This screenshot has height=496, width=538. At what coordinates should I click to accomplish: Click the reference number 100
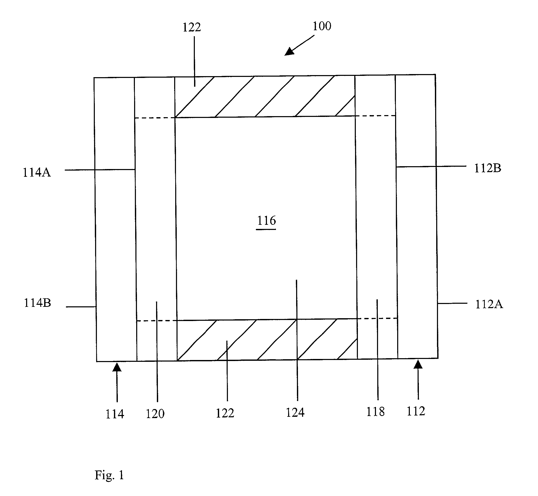click(x=322, y=26)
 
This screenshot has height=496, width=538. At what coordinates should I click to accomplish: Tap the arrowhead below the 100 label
click(x=289, y=51)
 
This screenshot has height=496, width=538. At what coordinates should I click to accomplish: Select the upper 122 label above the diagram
click(x=191, y=27)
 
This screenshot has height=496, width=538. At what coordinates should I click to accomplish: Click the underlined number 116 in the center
click(x=266, y=221)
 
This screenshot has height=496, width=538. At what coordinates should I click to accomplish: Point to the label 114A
click(x=36, y=172)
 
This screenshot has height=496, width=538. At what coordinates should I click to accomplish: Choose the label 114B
click(x=37, y=303)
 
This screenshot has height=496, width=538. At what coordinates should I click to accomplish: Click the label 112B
click(x=487, y=168)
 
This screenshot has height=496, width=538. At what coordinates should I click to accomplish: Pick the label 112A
click(x=489, y=304)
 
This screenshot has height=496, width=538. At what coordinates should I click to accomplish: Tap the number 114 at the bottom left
click(x=114, y=414)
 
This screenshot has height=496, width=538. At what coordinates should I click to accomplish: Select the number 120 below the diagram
click(x=155, y=414)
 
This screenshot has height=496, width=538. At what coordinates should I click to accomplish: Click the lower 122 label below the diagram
click(x=225, y=413)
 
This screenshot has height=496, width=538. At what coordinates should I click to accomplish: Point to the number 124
click(x=295, y=413)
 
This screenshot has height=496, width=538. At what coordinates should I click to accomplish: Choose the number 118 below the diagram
click(x=375, y=411)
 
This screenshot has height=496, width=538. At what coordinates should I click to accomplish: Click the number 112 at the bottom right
click(x=416, y=411)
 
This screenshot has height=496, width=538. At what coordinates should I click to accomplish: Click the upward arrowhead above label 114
click(x=117, y=367)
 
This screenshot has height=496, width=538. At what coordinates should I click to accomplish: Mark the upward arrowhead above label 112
click(x=418, y=364)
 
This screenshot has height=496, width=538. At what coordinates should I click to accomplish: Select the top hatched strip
click(x=265, y=97)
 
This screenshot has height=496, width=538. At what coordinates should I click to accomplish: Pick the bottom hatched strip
click(x=267, y=340)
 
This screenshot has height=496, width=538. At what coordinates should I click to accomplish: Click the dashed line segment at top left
click(x=155, y=118)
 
